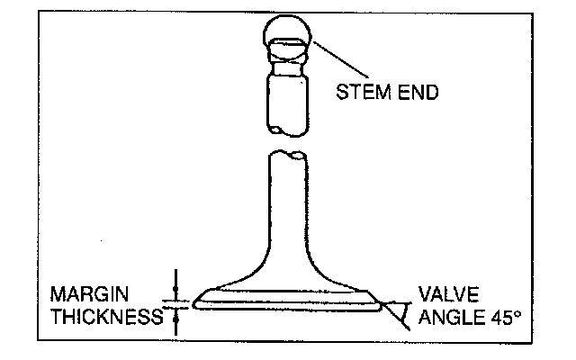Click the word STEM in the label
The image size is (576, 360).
pos(357,92)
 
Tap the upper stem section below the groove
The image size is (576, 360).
pos(288,99)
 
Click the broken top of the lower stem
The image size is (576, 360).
pos(288,156)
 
